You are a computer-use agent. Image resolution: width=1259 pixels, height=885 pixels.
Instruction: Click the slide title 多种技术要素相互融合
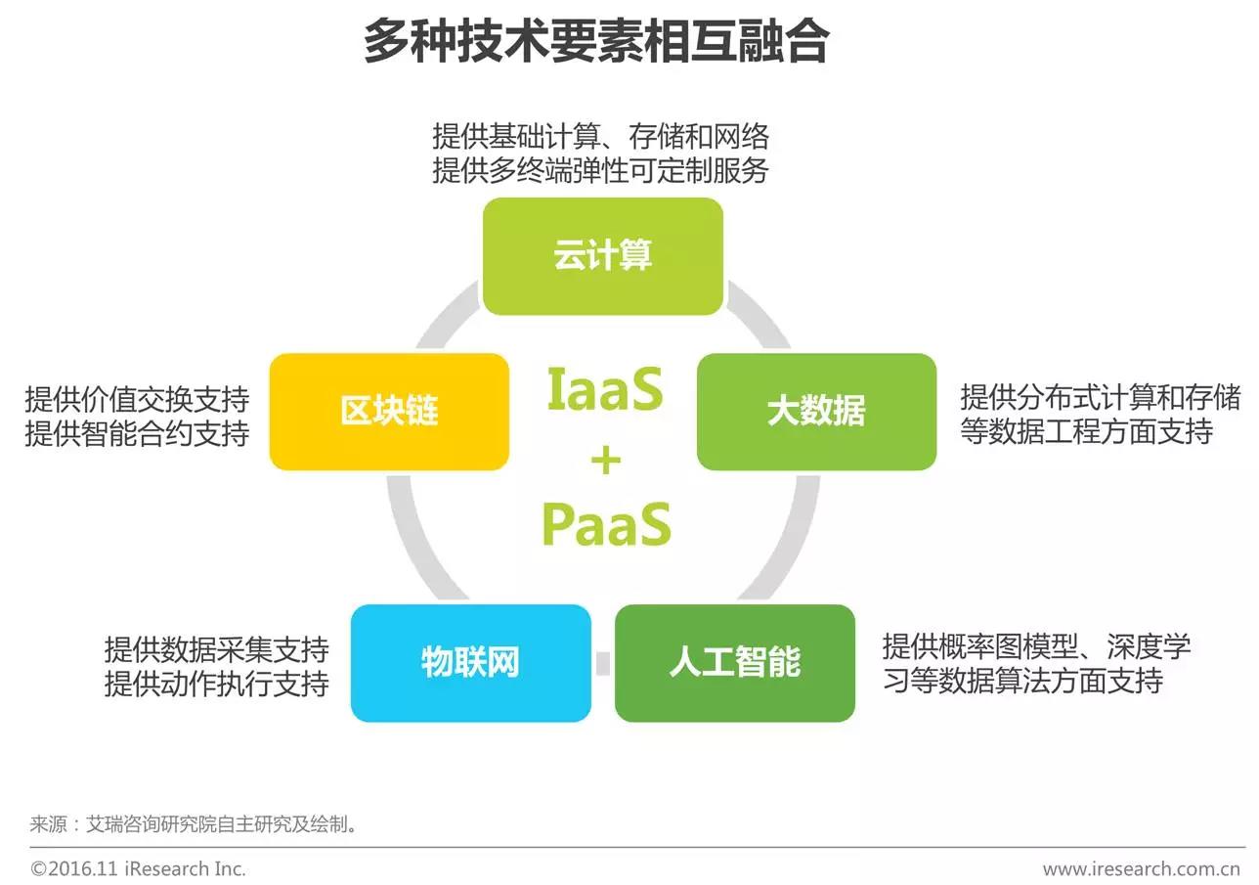(x=596, y=41)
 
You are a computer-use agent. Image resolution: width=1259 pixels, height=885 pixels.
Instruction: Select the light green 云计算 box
(x=603, y=256)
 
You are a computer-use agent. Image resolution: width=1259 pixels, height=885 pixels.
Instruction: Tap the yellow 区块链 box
(x=389, y=412)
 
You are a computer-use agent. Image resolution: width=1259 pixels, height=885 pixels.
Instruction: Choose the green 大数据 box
(x=816, y=412)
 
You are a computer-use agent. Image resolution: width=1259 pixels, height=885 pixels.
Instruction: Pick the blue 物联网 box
(x=470, y=663)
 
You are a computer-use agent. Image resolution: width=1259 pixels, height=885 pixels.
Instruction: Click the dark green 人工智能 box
(x=734, y=663)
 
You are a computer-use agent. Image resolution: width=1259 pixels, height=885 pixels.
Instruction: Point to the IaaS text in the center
(x=605, y=390)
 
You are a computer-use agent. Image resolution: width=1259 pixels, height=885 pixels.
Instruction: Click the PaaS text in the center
(x=606, y=525)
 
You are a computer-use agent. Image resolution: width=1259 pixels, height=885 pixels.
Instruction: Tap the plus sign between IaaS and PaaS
(x=606, y=460)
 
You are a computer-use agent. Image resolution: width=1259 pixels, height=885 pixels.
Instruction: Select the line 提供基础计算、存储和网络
(x=600, y=136)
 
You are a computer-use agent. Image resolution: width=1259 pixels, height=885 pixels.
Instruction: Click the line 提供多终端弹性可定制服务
(x=600, y=170)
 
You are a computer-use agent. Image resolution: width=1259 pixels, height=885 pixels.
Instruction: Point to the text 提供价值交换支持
(x=137, y=399)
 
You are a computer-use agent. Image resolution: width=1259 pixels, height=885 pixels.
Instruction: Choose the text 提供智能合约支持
(x=137, y=433)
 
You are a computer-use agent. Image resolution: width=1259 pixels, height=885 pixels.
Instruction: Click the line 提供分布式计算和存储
(x=1100, y=397)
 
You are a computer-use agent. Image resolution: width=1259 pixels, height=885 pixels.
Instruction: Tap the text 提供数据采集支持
(x=216, y=649)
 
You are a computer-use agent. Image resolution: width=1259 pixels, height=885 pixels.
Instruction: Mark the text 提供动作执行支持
(x=216, y=684)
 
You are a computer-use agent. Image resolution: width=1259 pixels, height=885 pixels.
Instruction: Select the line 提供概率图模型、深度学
(x=1036, y=646)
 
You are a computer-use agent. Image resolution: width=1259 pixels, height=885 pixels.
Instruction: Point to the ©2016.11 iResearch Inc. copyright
(x=138, y=868)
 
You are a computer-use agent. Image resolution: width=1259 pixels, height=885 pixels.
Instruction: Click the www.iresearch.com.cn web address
(x=1142, y=868)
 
